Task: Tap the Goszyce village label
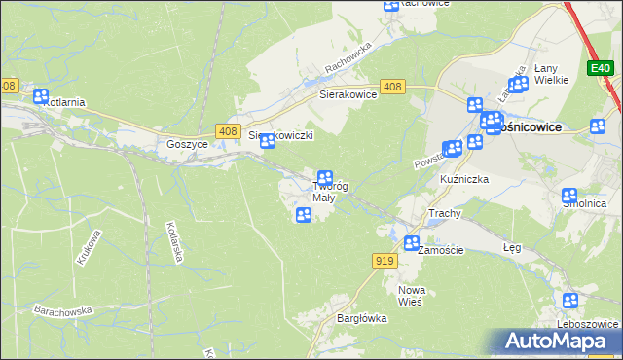click(187, 143)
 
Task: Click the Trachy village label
click(444, 213)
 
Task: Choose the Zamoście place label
click(441, 250)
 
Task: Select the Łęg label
click(512, 248)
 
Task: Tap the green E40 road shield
click(600, 67)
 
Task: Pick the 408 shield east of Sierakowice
click(392, 87)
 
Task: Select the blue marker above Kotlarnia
click(41, 96)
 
